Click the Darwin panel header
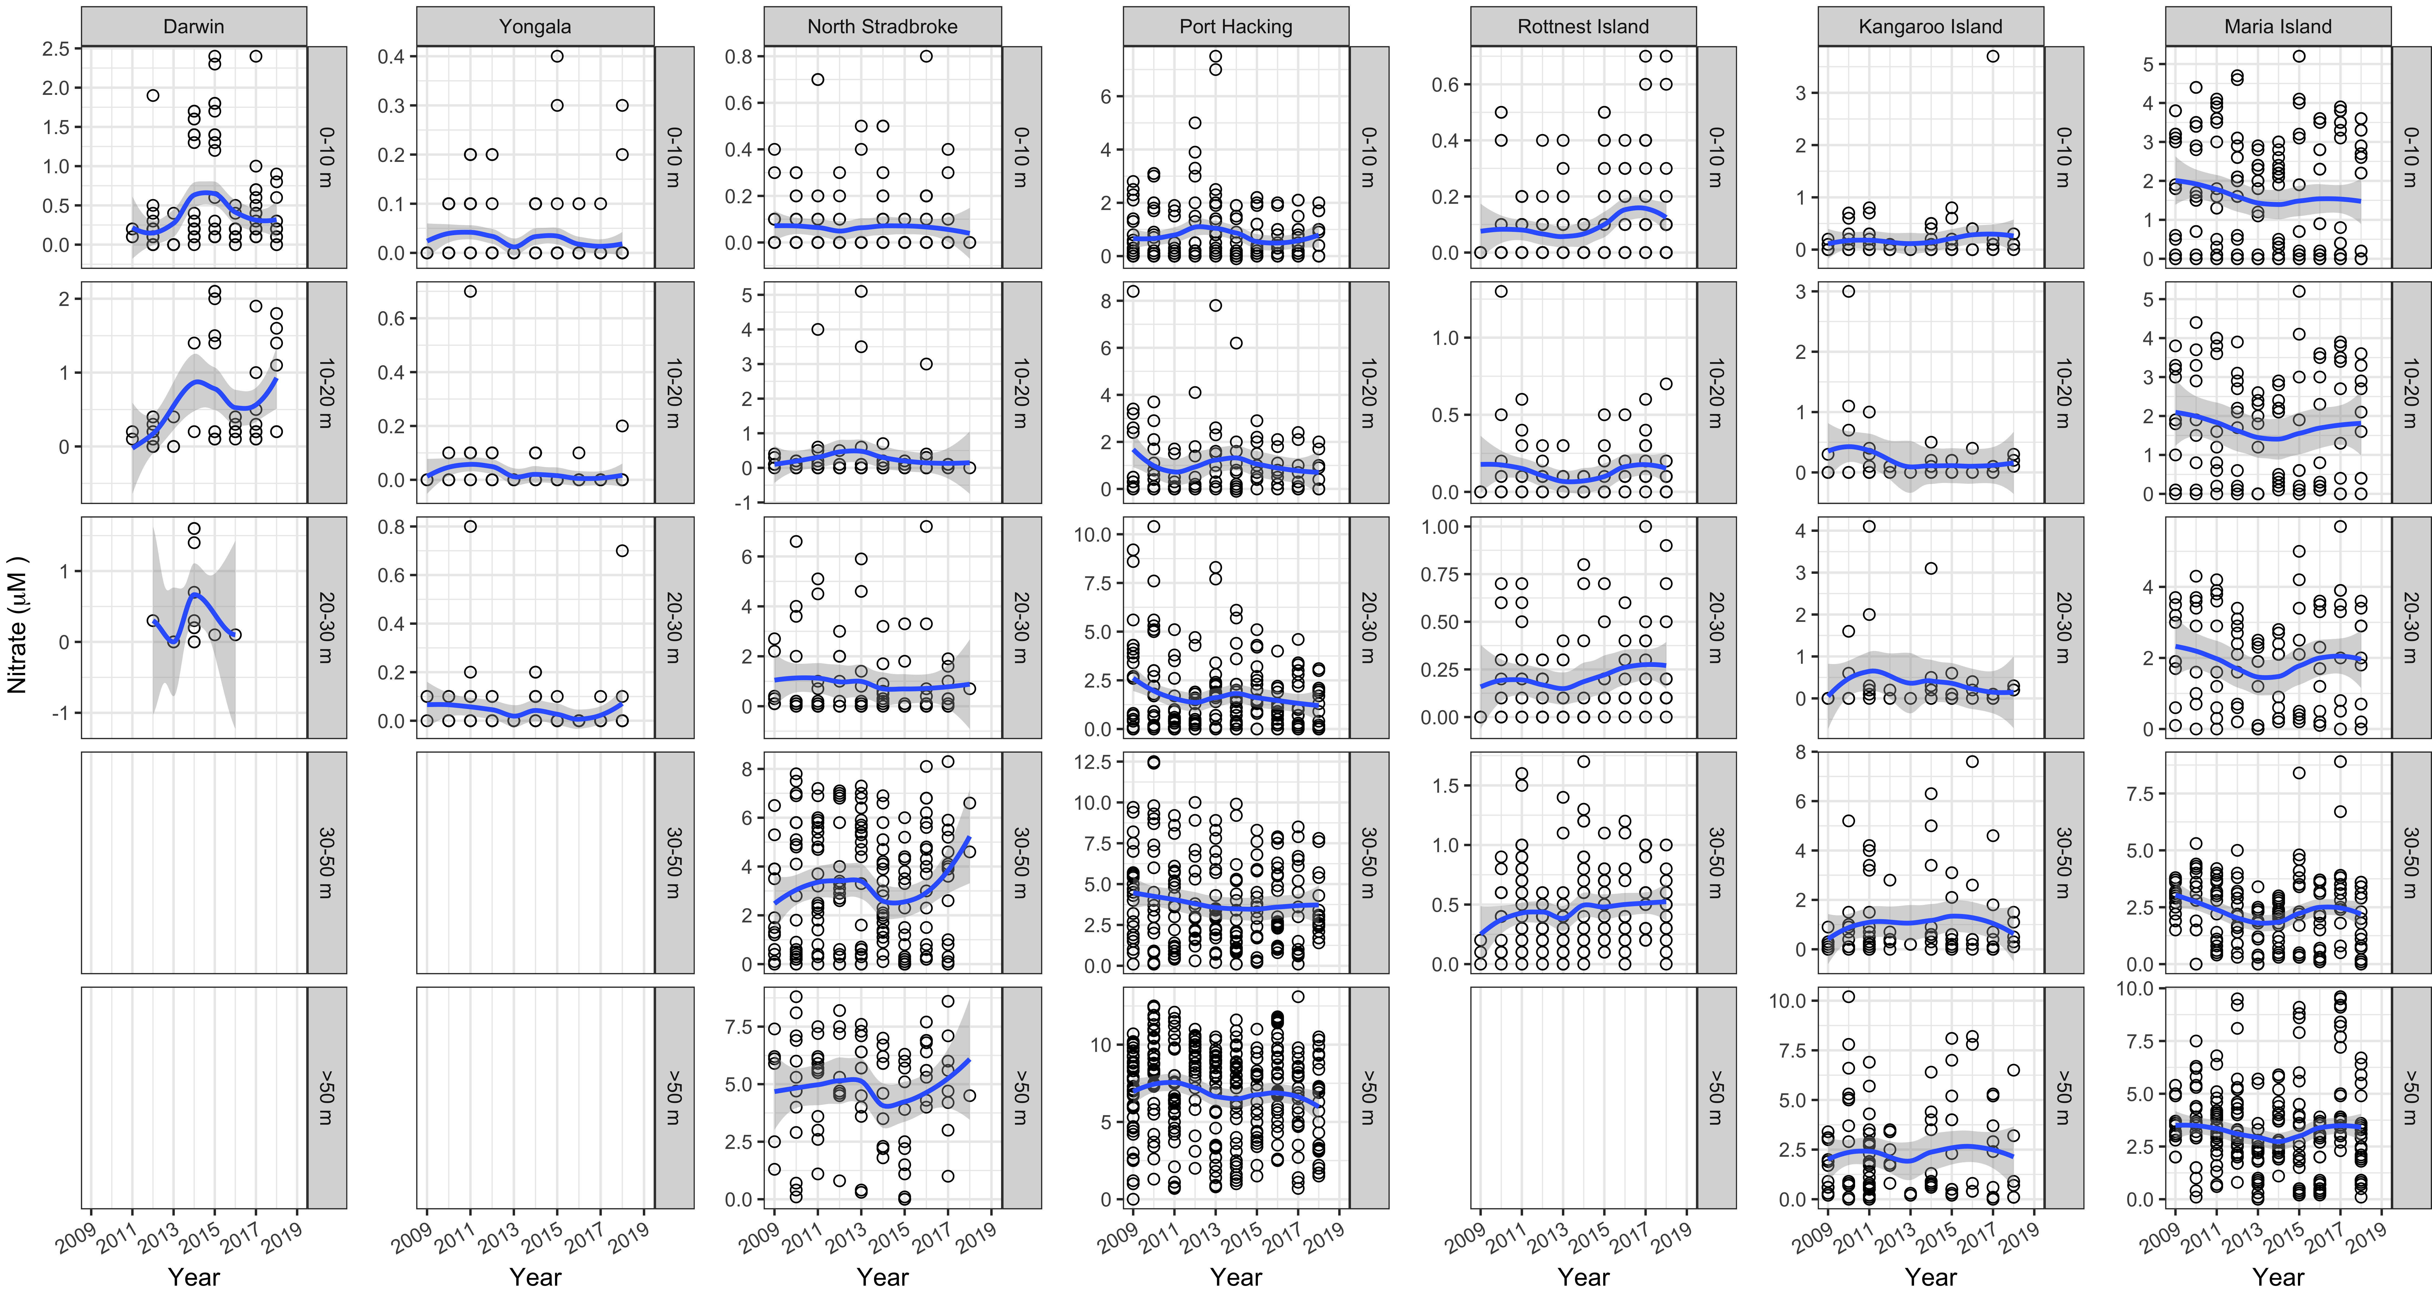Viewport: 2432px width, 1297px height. (193, 26)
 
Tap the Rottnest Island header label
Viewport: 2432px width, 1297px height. (1583, 26)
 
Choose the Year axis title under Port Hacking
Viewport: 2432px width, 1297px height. (1236, 1277)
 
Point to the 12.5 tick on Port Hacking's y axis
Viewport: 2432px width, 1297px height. (1092, 762)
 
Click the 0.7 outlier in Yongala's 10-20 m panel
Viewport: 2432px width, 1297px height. (470, 292)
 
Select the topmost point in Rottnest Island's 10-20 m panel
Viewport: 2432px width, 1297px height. (1501, 292)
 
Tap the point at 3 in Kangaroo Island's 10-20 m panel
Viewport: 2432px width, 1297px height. (1849, 292)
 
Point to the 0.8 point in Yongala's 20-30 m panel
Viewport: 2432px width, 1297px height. (470, 527)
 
